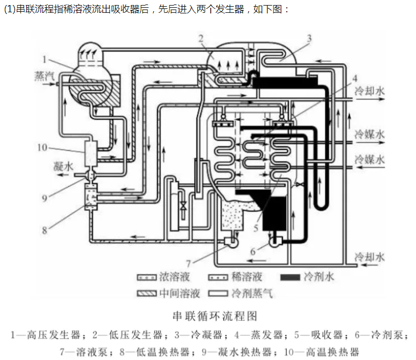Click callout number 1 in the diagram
click(x=44, y=58)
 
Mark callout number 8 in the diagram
click(x=44, y=229)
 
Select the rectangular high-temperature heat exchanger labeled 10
click(x=91, y=151)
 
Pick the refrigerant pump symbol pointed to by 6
click(x=275, y=241)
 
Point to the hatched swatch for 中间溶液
click(x=147, y=292)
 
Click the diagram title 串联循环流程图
click(x=209, y=316)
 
